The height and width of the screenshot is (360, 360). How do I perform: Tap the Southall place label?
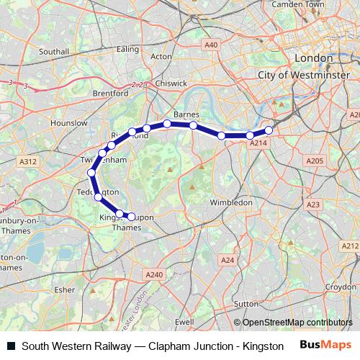pos(54,52)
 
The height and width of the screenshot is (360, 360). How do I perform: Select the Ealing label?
pos(127,49)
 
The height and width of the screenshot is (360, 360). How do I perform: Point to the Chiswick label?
pos(173,83)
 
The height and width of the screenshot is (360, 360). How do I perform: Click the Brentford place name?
pos(110,93)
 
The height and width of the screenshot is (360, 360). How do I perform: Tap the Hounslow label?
pos(70,123)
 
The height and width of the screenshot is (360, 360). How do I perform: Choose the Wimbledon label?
pos(230,202)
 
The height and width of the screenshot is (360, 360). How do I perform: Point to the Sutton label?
pos(246,304)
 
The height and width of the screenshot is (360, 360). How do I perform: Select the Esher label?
pos(65,289)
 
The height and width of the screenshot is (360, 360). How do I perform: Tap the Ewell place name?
pos(184,321)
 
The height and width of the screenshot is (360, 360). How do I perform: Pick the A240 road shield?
pos(155,274)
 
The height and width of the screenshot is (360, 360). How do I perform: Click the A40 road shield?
pos(211,45)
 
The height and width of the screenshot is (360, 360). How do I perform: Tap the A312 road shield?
pos(29,162)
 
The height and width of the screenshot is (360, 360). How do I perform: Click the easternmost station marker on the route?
pos(269,130)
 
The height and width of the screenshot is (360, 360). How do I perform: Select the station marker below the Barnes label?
pos(194,125)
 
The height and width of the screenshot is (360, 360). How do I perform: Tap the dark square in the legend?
pos(12,346)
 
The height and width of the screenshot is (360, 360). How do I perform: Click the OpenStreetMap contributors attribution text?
pos(293,323)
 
